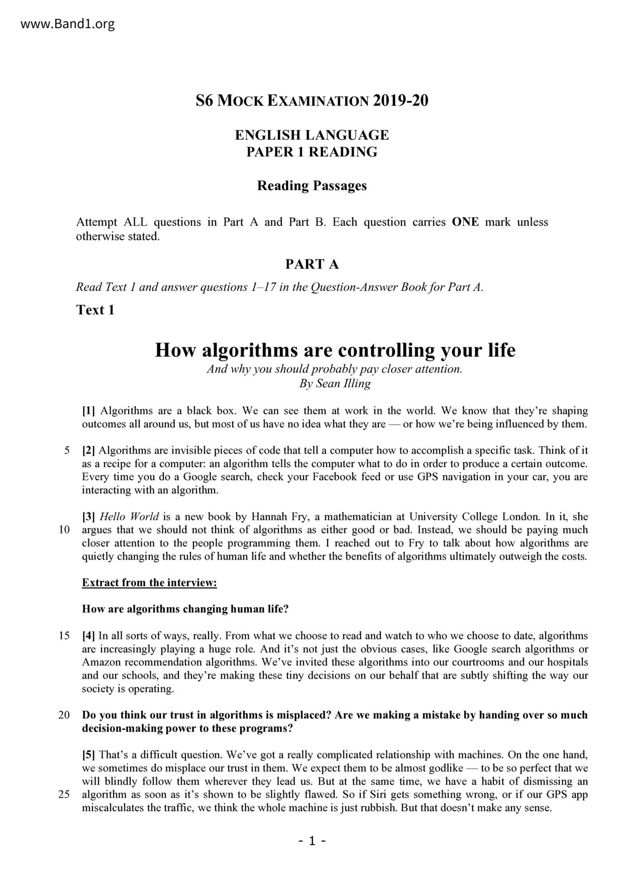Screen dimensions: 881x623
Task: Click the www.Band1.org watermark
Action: point(68,24)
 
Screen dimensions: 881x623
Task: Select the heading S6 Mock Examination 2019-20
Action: point(311,100)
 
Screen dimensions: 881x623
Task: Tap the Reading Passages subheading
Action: point(311,186)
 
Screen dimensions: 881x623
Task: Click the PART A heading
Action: point(311,264)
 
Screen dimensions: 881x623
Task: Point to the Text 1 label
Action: point(95,310)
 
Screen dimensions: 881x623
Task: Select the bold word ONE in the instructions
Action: point(465,222)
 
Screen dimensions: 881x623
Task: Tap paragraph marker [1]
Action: point(89,411)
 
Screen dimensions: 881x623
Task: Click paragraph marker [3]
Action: point(89,517)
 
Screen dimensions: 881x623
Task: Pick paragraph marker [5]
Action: point(89,755)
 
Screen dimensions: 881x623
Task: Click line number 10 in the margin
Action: point(64,530)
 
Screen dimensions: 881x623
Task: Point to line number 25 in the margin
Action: point(64,795)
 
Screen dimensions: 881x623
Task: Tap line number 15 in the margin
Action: point(64,636)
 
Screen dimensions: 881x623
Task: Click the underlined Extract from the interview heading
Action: point(149,583)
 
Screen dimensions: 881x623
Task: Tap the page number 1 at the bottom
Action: point(311,841)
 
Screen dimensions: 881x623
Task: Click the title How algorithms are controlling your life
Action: point(335,350)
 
